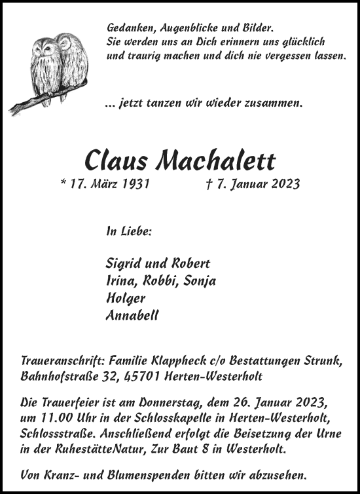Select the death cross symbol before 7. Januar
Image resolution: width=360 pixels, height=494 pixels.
208,184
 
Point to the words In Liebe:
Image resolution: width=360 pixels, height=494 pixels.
128,231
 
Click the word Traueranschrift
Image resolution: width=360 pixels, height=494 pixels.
58,361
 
